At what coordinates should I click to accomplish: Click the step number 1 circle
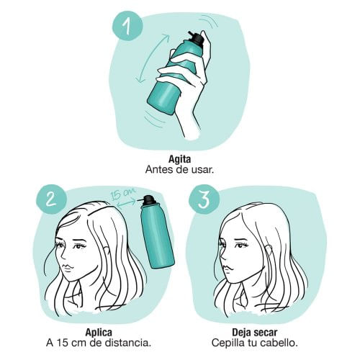[127, 26]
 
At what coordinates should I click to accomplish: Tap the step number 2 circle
[51, 199]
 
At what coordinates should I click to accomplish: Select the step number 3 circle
[204, 199]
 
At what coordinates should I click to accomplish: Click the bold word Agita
[180, 159]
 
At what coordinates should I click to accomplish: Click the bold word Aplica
[99, 333]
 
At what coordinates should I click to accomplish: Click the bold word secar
[266, 333]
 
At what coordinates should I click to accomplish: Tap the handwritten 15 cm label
[123, 194]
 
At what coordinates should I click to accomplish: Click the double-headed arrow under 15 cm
[127, 203]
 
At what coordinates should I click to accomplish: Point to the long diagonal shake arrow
[152, 59]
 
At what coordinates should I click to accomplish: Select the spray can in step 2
[156, 232]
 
